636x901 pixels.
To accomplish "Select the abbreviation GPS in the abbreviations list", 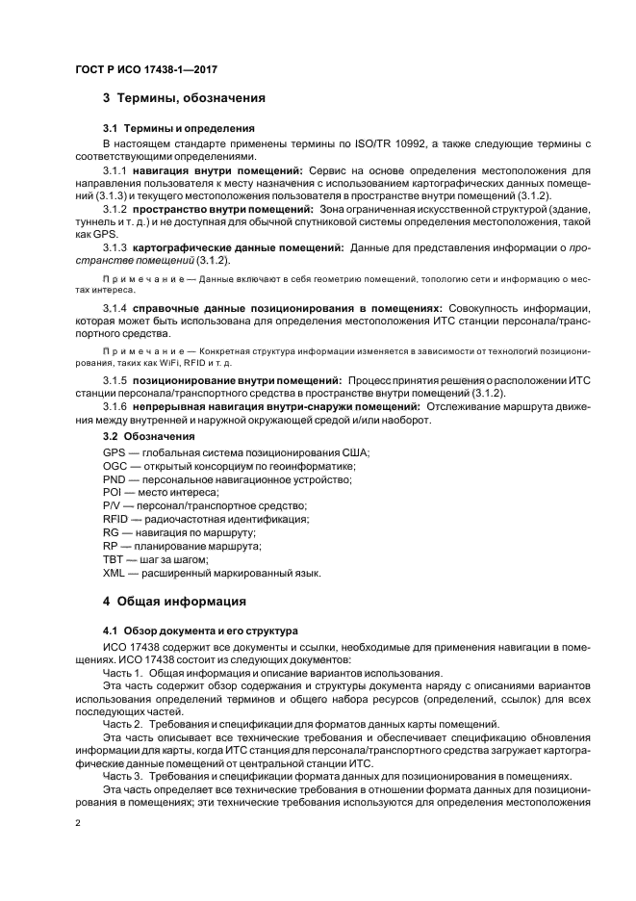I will tap(114, 452).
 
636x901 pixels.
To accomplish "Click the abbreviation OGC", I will tap(114, 466).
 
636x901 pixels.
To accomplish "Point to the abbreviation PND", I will tap(114, 479).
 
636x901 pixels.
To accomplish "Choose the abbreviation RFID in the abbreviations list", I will tap(115, 519).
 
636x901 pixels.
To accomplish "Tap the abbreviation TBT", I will tap(114, 559).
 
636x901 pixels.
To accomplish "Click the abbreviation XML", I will tap(114, 573).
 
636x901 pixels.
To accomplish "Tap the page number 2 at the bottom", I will tap(78, 824).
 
